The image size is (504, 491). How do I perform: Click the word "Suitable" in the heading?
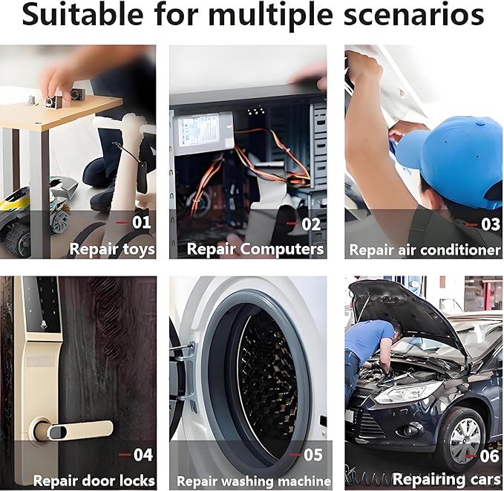[82, 16]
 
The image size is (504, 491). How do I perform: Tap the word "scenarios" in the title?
[414, 16]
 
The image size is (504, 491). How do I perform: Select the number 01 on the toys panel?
[142, 222]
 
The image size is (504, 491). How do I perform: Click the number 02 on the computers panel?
[311, 224]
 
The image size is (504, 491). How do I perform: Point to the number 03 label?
[491, 224]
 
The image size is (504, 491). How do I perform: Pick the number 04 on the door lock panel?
[143, 455]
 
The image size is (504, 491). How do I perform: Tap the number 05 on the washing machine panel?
[312, 455]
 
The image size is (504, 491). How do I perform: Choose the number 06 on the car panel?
[490, 456]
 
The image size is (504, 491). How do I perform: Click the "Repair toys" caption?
[112, 250]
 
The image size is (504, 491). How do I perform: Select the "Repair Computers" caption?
[255, 250]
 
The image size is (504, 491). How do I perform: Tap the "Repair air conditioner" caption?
[425, 250]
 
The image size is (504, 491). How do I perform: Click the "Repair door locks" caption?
[94, 481]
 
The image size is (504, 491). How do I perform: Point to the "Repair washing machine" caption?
[254, 481]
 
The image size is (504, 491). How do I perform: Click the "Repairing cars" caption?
[446, 479]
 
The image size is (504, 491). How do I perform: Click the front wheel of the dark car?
[462, 435]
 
